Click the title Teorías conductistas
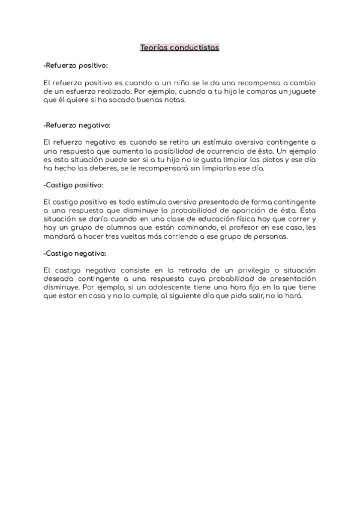pos(180,47)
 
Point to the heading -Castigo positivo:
pos(74,185)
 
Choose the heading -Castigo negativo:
pos(75,253)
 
